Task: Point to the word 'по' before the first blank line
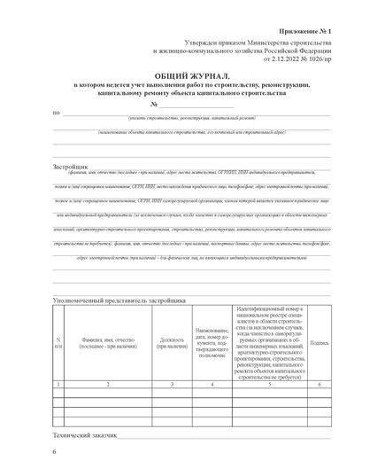pos(57,113)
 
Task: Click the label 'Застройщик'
pos(71,165)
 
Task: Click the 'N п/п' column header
pos(58,343)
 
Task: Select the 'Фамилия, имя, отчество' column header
pos(107,343)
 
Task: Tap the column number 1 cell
pos(58,384)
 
